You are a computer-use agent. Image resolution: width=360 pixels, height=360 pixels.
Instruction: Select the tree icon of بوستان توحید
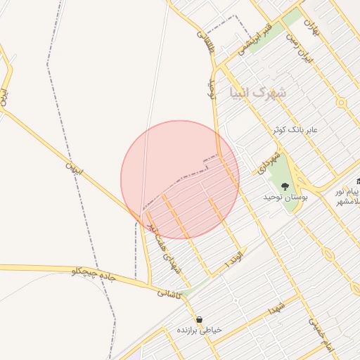click(x=285, y=186)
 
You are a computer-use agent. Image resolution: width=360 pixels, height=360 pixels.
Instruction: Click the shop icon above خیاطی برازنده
click(x=200, y=319)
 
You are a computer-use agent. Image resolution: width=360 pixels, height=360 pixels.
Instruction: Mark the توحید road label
click(x=210, y=89)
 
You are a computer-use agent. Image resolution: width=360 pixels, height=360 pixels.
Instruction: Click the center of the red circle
click(x=180, y=179)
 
